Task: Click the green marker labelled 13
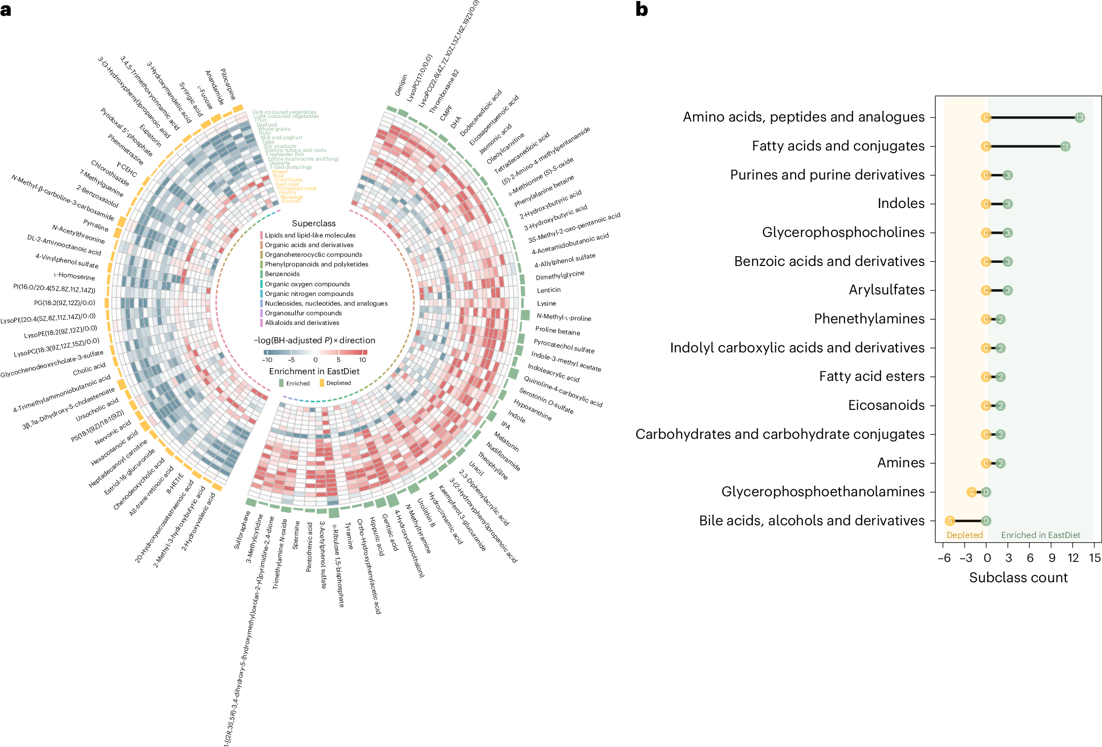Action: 1080,117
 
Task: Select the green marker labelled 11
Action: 1065,146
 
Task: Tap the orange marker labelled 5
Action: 950,521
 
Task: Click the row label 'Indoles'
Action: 901,203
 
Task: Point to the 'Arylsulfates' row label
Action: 886,290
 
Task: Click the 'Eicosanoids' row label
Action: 886,405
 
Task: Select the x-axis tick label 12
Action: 1073,558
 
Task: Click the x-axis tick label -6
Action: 944,558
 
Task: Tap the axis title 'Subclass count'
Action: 1018,578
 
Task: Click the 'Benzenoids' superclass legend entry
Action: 282,274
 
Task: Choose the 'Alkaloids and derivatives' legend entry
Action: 302,323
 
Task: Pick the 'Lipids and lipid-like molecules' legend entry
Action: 310,235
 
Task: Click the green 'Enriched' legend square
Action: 281,383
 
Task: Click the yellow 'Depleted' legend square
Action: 322,383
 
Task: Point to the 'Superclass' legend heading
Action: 313,223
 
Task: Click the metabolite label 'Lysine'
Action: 546,304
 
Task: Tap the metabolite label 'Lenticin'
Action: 548,290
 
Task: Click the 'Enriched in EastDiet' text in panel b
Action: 1040,535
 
